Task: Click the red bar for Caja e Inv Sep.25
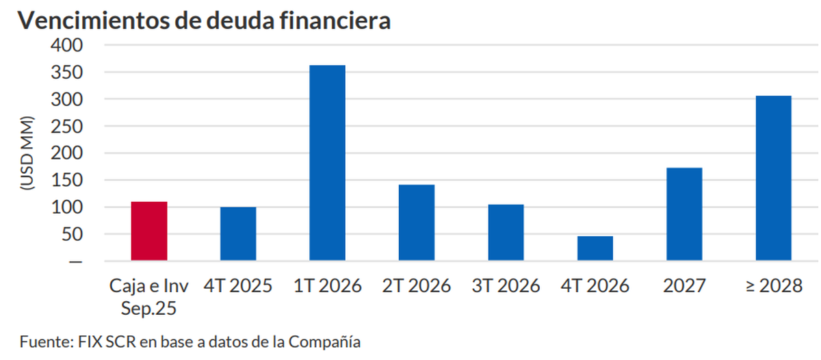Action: [149, 231]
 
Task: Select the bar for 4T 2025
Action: [238, 234]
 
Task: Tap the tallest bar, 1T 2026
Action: [328, 163]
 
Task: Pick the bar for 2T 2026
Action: [417, 222]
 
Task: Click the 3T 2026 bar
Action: [506, 233]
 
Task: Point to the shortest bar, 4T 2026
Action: [595, 248]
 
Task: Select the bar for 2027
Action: [684, 214]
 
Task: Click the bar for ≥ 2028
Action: [773, 178]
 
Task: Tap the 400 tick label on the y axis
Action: [66, 45]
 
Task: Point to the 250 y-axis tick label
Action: [66, 127]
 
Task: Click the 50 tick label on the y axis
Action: [73, 235]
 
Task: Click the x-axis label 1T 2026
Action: [328, 286]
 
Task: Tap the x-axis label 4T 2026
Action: [595, 286]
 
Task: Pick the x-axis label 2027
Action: [684, 286]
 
